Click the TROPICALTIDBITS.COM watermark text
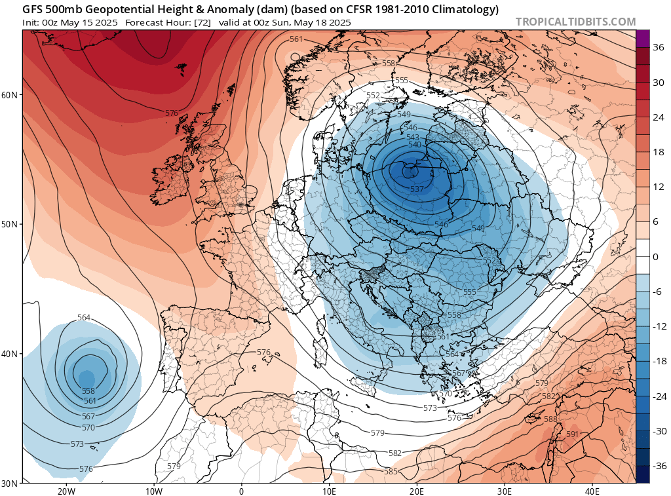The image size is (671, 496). click(x=575, y=22)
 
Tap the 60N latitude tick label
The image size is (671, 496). click(x=10, y=95)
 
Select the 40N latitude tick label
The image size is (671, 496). click(x=10, y=354)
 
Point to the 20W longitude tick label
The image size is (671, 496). click(x=66, y=491)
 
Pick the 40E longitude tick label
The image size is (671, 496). click(x=592, y=491)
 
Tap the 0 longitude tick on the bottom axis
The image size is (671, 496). click(x=241, y=491)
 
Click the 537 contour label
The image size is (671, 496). click(x=417, y=189)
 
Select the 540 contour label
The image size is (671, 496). click(x=414, y=144)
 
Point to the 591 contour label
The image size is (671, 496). click(x=572, y=434)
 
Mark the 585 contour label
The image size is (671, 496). click(x=391, y=471)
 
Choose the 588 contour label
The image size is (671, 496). click(x=550, y=419)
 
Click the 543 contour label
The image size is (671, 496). click(x=413, y=136)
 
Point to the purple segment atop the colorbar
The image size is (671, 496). click(x=642, y=38)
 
